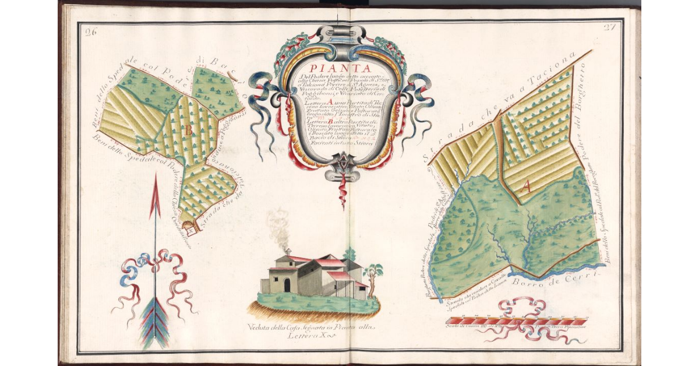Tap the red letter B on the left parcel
[188, 132]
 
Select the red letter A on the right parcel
[526, 186]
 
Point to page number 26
[90, 31]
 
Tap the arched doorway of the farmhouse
[287, 284]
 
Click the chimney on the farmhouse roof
[287, 252]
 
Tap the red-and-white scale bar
[516, 321]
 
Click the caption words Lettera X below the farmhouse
[311, 335]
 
